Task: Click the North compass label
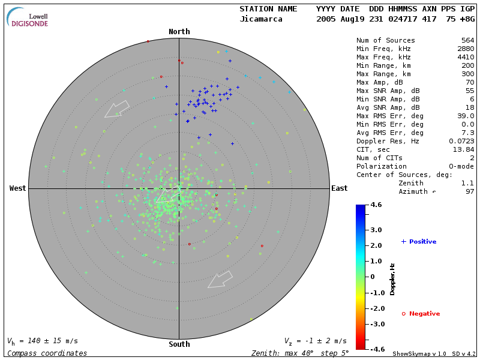(x=179, y=32)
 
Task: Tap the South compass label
(x=179, y=344)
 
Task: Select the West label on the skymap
(x=18, y=188)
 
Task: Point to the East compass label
(x=339, y=188)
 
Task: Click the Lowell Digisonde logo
(x=28, y=17)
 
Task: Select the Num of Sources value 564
(x=467, y=41)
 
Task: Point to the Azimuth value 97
(x=469, y=191)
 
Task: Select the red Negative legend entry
(x=421, y=314)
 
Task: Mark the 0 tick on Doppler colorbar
(x=373, y=277)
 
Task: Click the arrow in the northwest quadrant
(x=117, y=109)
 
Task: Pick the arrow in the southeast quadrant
(x=220, y=279)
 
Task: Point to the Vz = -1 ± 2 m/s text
(x=315, y=341)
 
